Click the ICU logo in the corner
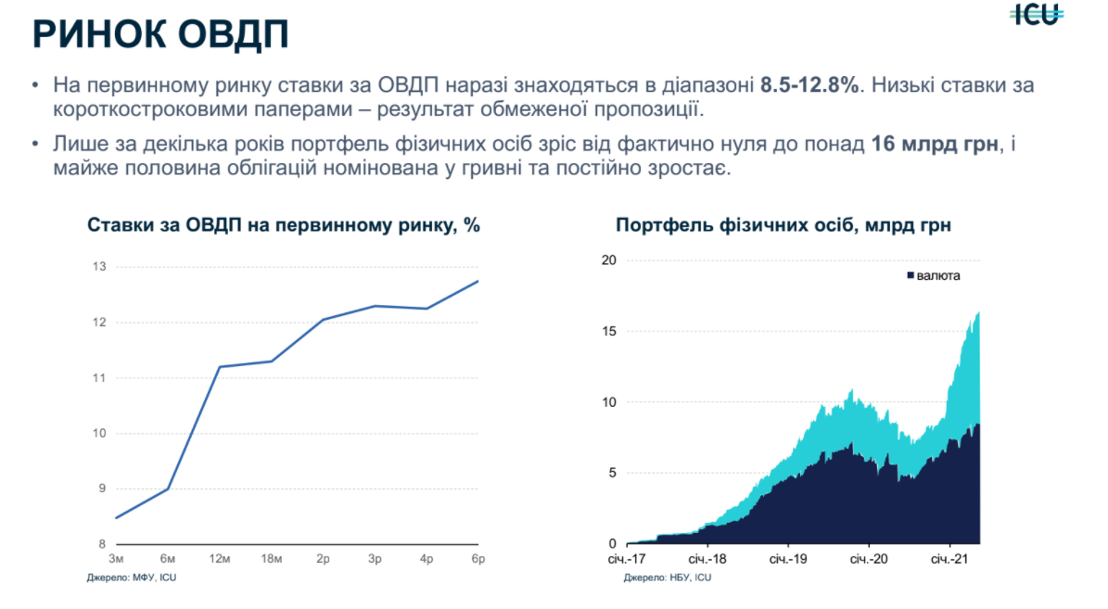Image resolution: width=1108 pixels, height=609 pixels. [x=1036, y=14]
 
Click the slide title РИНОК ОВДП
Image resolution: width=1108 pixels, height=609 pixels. [x=159, y=34]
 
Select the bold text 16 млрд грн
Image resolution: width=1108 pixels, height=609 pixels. [x=936, y=146]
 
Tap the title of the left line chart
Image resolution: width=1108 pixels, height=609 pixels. [x=283, y=225]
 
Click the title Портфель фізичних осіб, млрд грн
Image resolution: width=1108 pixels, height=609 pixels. [x=783, y=225]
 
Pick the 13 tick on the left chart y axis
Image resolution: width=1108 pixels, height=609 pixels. [x=99, y=267]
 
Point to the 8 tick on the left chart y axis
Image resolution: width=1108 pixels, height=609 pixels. [x=102, y=544]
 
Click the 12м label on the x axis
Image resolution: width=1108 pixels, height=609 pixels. [x=219, y=559]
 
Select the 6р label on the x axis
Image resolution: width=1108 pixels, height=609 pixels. [x=478, y=559]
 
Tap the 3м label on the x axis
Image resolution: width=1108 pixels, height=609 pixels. [x=116, y=559]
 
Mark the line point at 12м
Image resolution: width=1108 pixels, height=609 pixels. [x=220, y=367]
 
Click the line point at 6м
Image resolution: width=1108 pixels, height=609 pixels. [x=168, y=488]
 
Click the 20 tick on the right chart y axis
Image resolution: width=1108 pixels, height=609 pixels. [x=608, y=260]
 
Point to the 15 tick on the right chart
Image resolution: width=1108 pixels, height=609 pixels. [x=608, y=331]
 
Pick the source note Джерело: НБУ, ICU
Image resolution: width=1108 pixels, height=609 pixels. [x=668, y=577]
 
